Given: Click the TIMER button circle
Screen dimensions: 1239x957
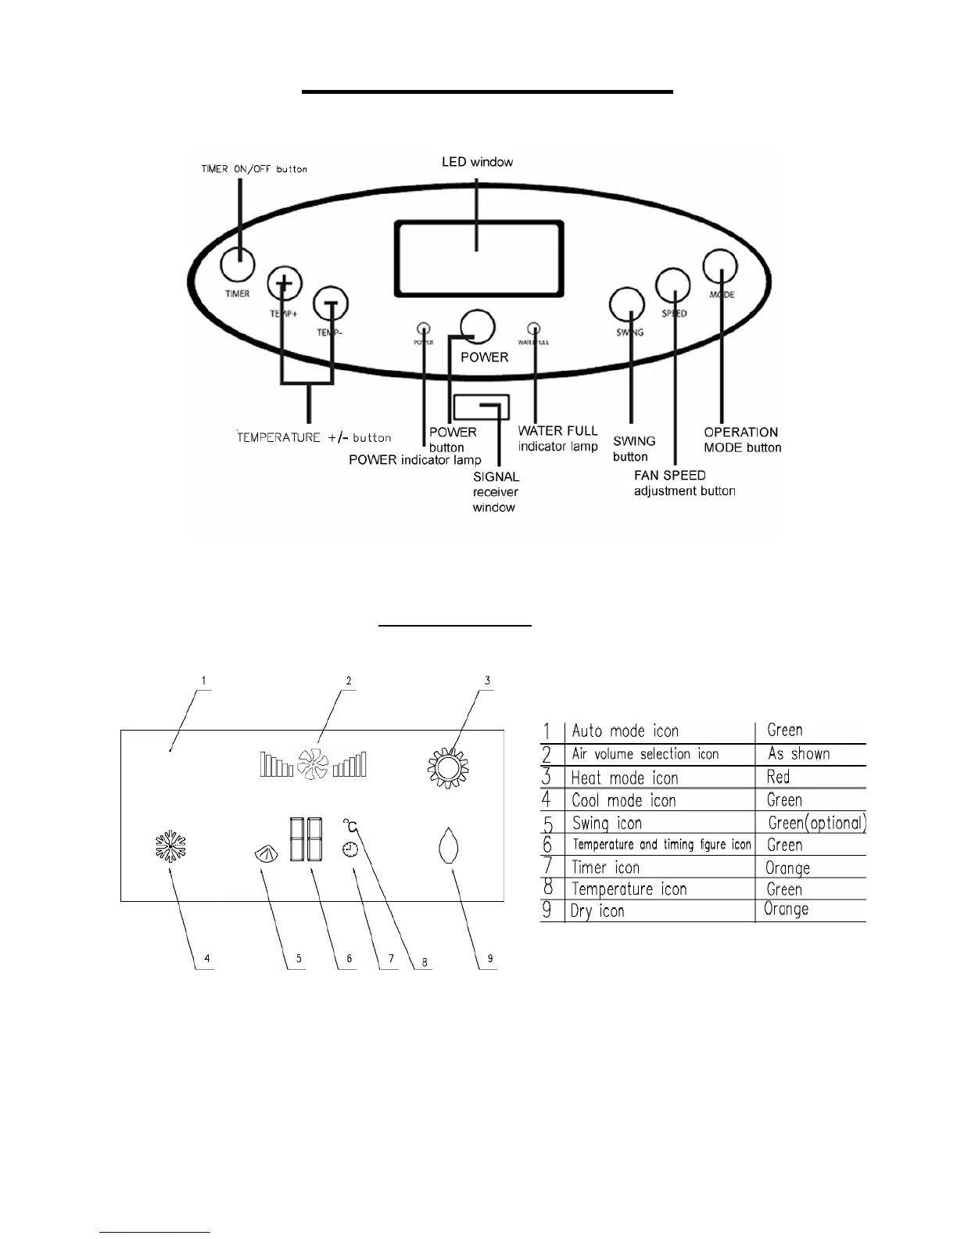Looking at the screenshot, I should coord(238,264).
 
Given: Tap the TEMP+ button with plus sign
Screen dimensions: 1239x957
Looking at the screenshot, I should coord(285,283).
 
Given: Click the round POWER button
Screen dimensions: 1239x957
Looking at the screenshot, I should coord(477,326).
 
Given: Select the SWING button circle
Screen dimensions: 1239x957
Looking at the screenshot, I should coord(627,304).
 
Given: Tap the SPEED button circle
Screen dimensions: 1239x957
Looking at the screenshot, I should coord(673,286).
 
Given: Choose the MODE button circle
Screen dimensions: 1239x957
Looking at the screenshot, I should coord(720,267).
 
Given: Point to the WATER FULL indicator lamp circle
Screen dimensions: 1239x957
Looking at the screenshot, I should coord(535,329).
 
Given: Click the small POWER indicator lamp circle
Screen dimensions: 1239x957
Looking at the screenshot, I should coord(424,329).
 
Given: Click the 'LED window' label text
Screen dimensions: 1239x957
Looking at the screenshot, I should coord(477,162).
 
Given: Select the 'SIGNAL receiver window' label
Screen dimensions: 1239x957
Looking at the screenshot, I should coord(496,492).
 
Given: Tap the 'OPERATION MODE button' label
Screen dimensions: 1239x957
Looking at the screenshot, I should coord(742,440).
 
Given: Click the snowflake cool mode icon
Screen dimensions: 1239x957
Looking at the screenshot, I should coord(170,847).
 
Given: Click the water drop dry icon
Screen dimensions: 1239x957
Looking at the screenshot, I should coord(448,846).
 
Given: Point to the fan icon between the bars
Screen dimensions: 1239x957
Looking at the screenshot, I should coord(313,763).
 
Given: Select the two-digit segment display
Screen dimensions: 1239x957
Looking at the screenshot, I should coord(306,839).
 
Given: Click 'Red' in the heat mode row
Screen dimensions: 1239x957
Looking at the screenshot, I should coord(778,777).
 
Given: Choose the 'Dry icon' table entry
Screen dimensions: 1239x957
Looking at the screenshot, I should coord(598,911).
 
